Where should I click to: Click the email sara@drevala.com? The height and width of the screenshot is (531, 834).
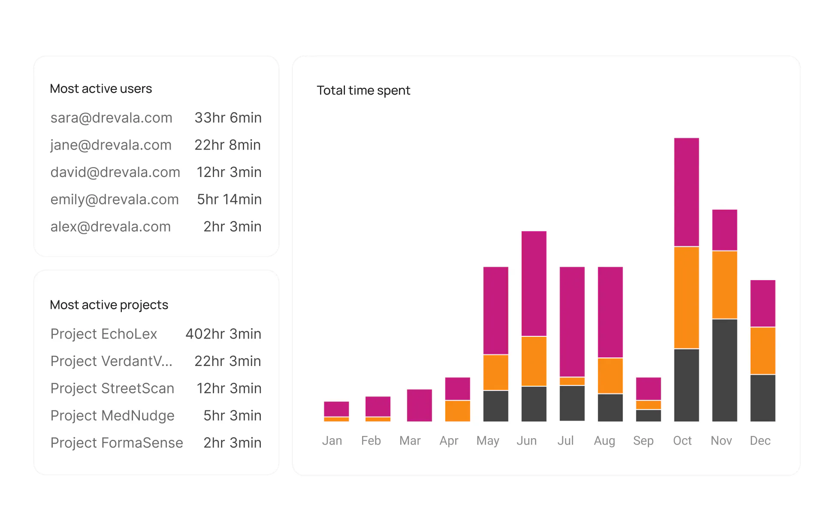pos(111,118)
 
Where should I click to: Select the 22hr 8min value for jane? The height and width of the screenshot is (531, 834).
pos(227,145)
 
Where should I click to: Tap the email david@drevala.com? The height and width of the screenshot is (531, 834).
pos(115,172)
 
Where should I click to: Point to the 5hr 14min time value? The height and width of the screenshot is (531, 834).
pos(229,199)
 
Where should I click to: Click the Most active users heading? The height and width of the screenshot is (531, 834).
pos(101,88)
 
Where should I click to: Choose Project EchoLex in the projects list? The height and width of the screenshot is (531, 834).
pos(104,334)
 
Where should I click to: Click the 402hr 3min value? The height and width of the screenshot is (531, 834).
pos(223,334)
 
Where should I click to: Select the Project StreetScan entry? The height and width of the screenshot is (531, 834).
pos(112,388)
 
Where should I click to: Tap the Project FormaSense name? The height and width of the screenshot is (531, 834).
pos(117,443)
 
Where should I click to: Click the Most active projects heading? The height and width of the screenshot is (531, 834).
pos(109,305)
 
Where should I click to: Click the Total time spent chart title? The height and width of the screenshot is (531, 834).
pos(363,90)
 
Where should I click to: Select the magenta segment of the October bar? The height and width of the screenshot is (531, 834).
pos(686,192)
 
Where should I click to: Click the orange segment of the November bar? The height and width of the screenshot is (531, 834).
pos(725,284)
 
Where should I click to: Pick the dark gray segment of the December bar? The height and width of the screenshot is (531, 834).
pos(763,398)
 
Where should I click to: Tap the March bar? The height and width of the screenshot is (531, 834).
pos(419,405)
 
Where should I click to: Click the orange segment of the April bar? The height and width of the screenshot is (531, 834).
pos(457,411)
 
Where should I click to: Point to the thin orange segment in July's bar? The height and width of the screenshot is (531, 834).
pos(572,381)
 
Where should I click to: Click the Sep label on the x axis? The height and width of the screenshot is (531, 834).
pos(643,441)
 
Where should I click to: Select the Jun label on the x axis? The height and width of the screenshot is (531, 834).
pos(526,441)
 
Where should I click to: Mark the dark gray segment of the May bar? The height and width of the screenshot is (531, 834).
pos(496,406)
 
